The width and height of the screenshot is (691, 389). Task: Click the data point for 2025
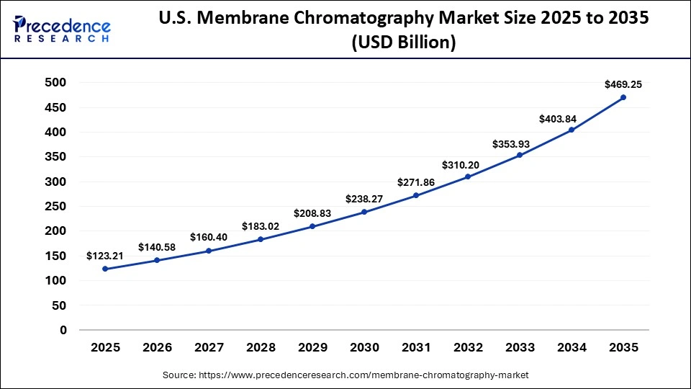click(105, 269)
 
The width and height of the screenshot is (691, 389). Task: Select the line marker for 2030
click(364, 212)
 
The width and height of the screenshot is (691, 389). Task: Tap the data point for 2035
click(623, 97)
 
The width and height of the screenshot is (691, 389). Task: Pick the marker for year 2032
click(468, 176)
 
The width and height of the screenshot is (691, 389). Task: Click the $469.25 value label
click(623, 84)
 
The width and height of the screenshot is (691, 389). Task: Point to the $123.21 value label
click(105, 256)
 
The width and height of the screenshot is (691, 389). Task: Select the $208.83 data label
click(312, 213)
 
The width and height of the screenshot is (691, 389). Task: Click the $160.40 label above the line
click(209, 237)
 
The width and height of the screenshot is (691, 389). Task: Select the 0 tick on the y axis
click(63, 331)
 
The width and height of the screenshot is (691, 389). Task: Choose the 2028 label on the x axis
click(261, 348)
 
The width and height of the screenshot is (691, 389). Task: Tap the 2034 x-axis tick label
click(572, 348)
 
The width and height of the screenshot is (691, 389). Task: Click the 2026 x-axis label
click(157, 348)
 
